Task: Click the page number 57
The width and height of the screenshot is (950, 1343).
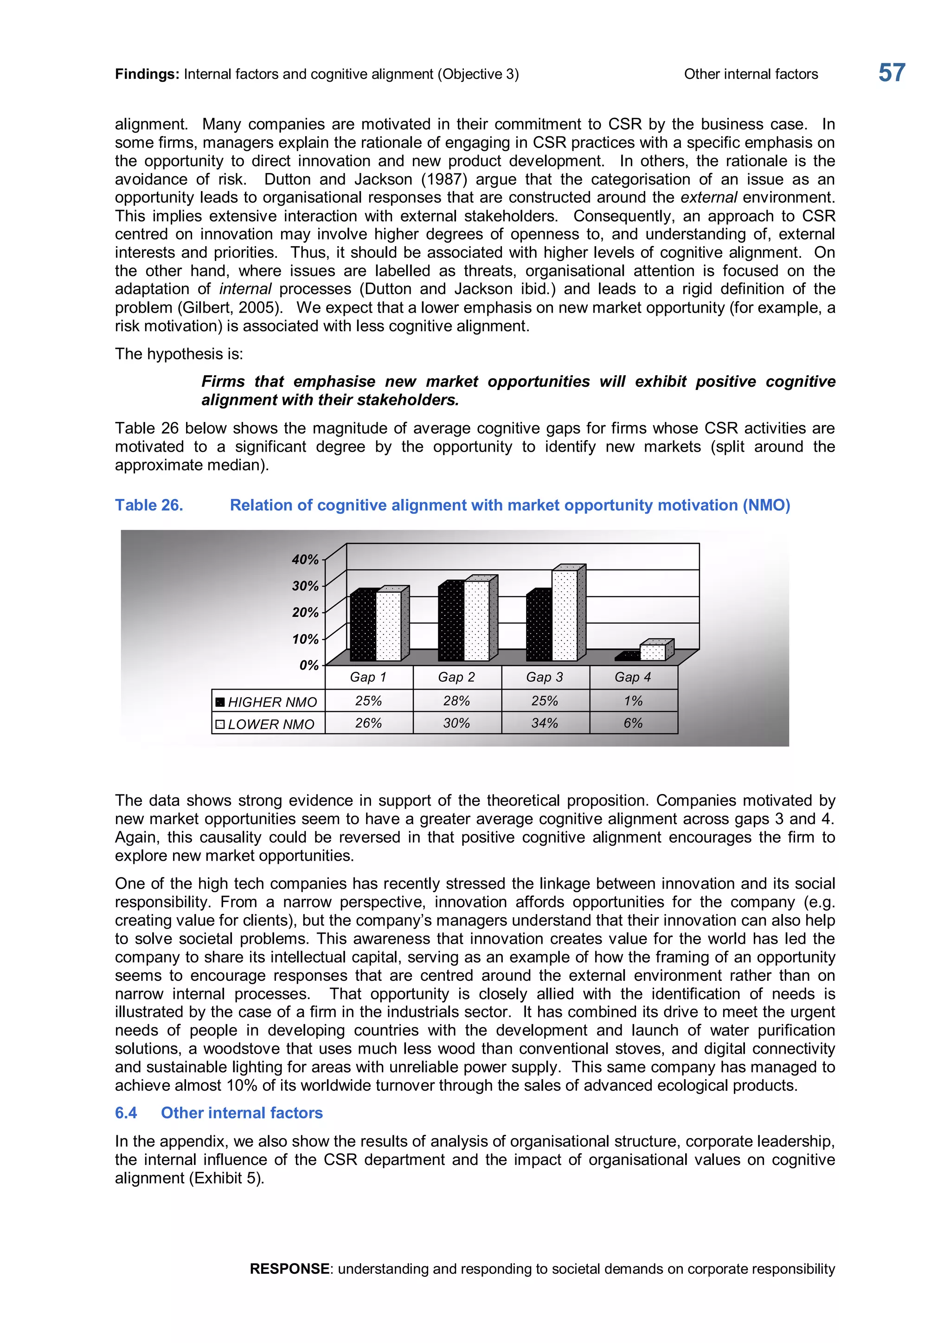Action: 892,73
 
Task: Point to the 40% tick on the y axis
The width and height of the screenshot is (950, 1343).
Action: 305,560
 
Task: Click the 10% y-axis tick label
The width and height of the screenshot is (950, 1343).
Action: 305,640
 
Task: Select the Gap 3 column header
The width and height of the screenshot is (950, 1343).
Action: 545,678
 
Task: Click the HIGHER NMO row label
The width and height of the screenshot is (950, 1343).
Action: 272,702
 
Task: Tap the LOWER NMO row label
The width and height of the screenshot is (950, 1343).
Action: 271,724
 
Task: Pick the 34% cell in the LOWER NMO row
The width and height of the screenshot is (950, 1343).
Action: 545,723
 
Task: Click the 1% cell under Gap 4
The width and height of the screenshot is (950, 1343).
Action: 633,701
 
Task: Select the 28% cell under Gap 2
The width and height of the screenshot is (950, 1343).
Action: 456,701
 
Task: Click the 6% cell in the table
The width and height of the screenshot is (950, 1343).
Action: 633,723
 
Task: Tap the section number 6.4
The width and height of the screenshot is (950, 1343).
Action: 126,1113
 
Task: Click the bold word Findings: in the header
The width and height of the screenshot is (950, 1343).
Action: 147,74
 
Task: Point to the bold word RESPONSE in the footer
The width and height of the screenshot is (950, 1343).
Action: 289,1269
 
